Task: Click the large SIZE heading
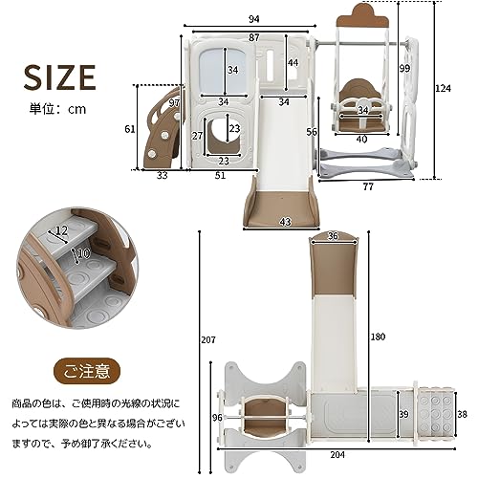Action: [59, 77]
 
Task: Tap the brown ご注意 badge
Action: [87, 372]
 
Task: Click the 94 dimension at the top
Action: [254, 19]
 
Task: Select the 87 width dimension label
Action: [254, 37]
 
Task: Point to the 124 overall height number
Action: [444, 88]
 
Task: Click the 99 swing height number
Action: [404, 68]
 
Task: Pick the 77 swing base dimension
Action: [368, 186]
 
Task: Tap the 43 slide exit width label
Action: [286, 222]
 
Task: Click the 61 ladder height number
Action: [130, 129]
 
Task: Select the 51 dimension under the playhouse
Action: [220, 175]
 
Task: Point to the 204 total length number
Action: [337, 455]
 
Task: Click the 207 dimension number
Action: [208, 340]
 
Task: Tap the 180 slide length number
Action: [378, 337]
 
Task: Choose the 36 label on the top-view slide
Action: [333, 236]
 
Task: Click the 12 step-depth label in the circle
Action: [61, 230]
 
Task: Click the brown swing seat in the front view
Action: [361, 108]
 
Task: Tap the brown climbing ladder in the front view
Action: [163, 127]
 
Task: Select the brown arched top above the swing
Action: [362, 15]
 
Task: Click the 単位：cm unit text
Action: [57, 109]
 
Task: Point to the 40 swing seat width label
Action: [362, 139]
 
